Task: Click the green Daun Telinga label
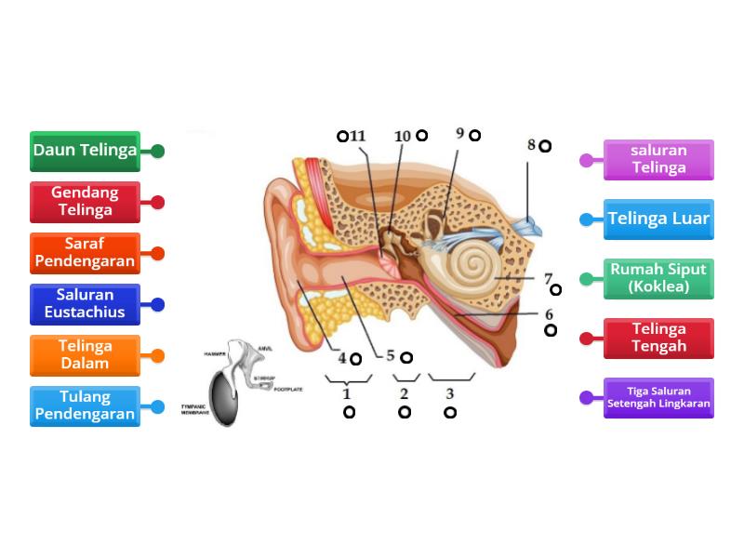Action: tap(85, 151)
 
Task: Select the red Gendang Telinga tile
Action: tap(85, 202)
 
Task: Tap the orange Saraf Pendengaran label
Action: tap(85, 253)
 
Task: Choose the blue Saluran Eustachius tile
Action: tap(85, 304)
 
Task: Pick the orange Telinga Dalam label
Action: tap(85, 355)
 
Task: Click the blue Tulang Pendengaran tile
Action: tap(85, 406)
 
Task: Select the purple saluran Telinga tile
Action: tap(658, 160)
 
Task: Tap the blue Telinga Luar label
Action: tap(658, 219)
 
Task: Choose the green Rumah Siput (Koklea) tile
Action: tap(658, 279)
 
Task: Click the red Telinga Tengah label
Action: tap(658, 339)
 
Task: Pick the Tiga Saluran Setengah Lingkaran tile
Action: tap(658, 398)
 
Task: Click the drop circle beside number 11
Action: tap(342, 136)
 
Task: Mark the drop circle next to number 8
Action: tap(545, 146)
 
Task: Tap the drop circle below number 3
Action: tap(450, 412)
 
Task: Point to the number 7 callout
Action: tap(548, 278)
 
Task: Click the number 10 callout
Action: tap(403, 136)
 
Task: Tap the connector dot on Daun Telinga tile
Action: tap(158, 151)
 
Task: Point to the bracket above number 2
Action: tap(405, 378)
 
